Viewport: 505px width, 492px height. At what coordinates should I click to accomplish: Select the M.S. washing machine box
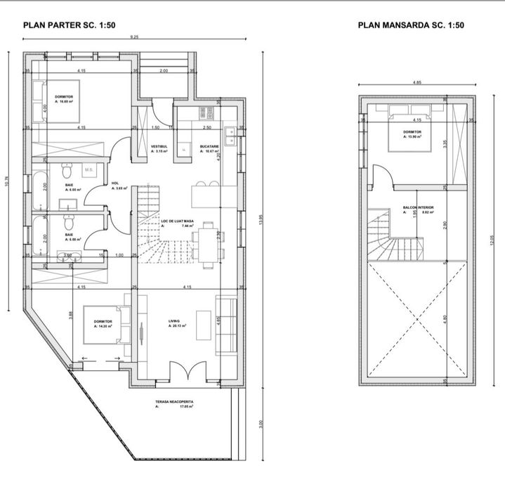(89, 169)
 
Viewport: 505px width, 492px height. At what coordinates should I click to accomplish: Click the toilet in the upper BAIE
(67, 169)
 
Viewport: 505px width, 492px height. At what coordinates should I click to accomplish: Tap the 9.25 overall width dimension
(133, 37)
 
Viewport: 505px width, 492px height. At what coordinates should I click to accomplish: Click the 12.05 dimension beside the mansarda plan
(492, 239)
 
